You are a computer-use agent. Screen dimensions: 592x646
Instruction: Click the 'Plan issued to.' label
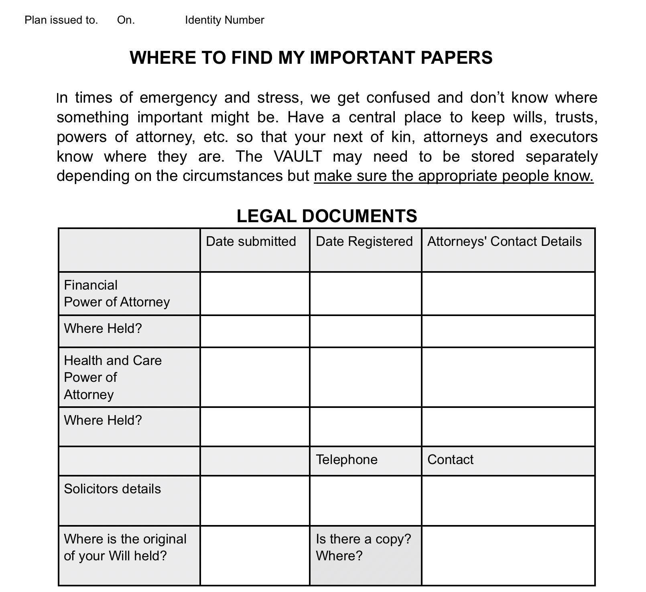coord(61,20)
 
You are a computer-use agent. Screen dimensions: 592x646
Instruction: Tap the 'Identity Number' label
coord(224,20)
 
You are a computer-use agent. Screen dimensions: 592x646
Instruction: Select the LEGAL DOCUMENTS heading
coord(327,216)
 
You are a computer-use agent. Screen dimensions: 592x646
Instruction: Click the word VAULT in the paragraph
coord(298,156)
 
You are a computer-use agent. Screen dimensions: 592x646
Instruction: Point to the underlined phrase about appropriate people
coord(453,176)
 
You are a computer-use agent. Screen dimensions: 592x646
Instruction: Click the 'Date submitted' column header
coord(251,241)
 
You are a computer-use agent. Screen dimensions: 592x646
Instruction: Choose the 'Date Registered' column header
coord(364,241)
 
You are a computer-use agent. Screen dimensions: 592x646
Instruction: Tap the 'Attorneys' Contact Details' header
coord(504,241)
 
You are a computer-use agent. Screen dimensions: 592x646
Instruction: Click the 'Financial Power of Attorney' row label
coord(117,294)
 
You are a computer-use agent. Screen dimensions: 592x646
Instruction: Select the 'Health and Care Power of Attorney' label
coord(112,377)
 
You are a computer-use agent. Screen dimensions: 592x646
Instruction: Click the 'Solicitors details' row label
coord(112,489)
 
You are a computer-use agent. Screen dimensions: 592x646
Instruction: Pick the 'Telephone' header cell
coord(347,460)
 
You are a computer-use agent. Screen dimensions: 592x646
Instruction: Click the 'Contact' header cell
coord(450,460)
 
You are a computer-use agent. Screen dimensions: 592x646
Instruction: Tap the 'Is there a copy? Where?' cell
coord(363,547)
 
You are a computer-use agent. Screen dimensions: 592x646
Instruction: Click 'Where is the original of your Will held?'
coord(125,547)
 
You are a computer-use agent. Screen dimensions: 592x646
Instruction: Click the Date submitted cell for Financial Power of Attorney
coord(255,294)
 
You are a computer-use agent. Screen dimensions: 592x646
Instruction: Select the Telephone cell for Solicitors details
coord(366,501)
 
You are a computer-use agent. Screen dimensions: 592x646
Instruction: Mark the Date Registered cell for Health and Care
coord(366,377)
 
